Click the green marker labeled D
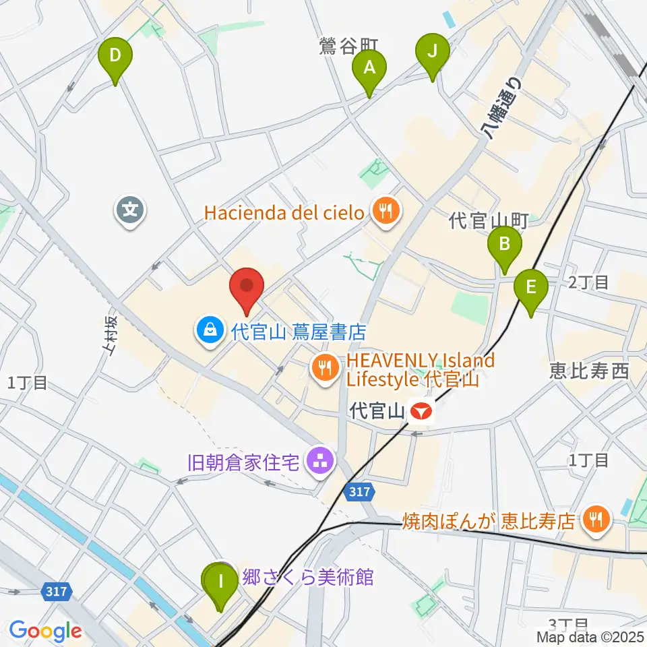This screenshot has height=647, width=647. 115,56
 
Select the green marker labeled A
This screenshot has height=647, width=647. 369,68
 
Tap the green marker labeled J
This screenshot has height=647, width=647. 432,52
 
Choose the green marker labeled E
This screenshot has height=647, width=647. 531,288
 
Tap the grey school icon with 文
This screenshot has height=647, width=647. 131,211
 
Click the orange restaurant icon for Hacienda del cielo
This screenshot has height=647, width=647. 386,212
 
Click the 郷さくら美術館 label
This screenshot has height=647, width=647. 307,578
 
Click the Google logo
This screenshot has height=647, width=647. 45,631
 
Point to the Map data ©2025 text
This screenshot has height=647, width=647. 590,636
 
